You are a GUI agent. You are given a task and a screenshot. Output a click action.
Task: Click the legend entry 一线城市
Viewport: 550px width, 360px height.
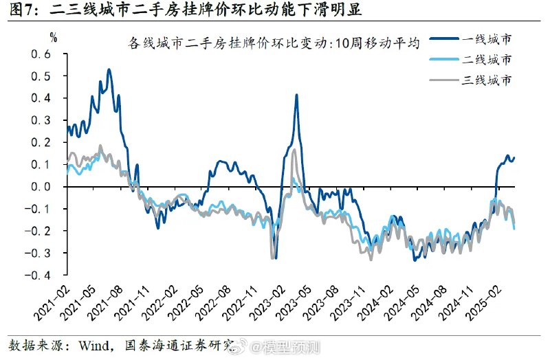click(x=486, y=39)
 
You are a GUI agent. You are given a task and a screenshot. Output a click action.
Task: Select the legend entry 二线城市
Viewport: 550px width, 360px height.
click(x=486, y=60)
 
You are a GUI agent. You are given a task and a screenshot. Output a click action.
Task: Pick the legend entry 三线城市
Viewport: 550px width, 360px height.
click(x=486, y=80)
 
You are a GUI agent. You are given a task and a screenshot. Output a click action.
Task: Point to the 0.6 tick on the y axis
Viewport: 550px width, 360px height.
click(x=43, y=54)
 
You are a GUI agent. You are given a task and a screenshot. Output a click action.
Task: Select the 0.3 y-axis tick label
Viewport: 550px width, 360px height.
click(x=43, y=120)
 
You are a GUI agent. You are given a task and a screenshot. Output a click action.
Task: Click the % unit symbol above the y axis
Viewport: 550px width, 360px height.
click(x=54, y=37)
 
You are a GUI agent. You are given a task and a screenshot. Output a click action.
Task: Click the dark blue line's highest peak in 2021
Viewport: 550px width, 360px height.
click(x=109, y=69)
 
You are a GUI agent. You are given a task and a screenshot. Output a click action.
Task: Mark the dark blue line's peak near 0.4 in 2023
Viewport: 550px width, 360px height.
click(x=296, y=95)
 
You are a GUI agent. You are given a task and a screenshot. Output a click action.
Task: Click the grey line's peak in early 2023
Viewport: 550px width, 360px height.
click(x=294, y=149)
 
